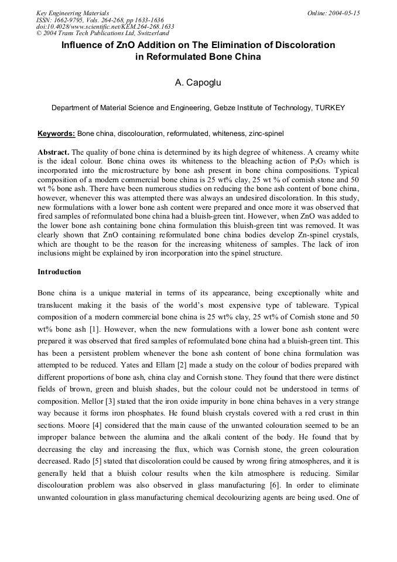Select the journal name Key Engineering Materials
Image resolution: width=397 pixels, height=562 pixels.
point(72,12)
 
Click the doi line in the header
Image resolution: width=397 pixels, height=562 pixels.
point(105,26)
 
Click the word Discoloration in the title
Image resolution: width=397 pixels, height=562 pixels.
point(304,45)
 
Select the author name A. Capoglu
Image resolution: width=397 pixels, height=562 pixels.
point(198,83)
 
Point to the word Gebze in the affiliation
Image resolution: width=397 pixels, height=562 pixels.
point(227,108)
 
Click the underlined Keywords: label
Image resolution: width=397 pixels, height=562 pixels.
point(56,134)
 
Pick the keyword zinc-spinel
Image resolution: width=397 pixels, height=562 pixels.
point(265,134)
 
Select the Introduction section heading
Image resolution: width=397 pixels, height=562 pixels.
point(59,272)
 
